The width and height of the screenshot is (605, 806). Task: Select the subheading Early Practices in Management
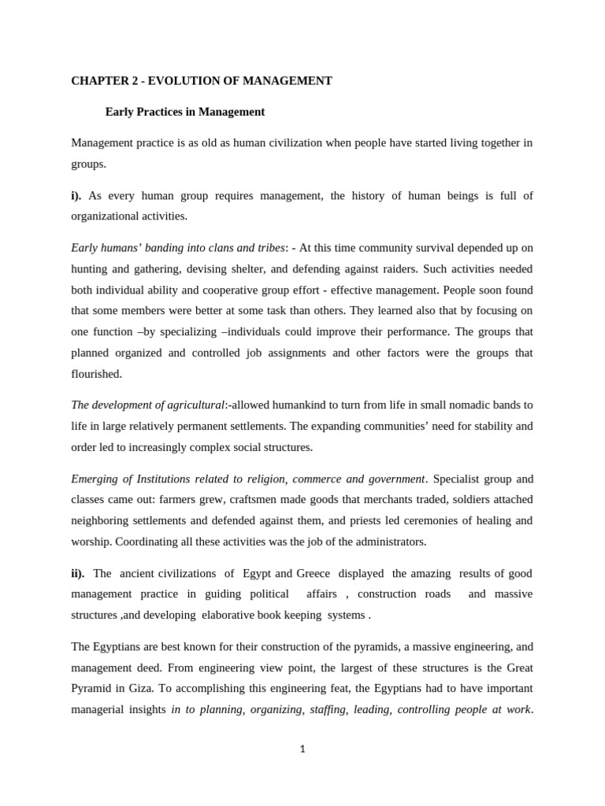(185, 112)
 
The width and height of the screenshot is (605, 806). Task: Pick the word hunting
(91, 268)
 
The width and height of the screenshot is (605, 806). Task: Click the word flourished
(96, 373)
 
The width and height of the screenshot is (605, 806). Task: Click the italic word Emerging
(95, 479)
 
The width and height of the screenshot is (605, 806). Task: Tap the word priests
(372, 520)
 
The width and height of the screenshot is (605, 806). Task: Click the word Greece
(313, 573)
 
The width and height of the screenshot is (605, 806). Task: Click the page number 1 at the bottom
(302, 749)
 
